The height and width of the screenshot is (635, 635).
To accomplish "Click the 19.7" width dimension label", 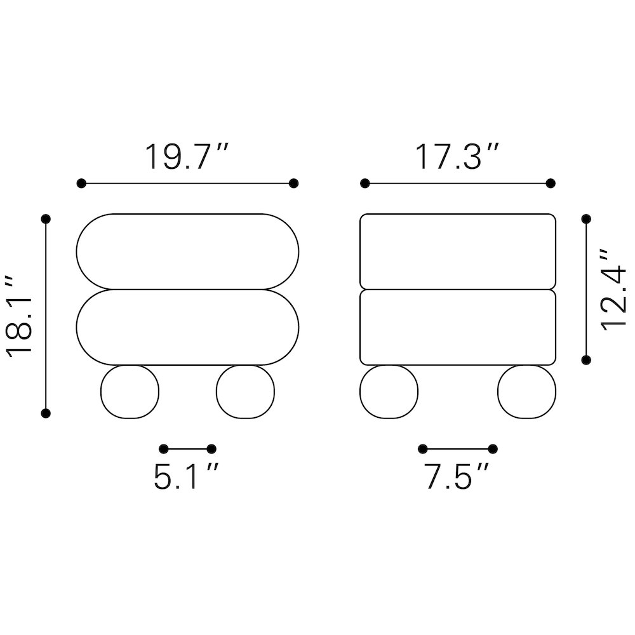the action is pos(187,157).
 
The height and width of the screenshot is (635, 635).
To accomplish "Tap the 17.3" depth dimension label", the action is pos(457,157).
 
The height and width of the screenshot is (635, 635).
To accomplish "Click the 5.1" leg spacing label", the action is pos(186,477).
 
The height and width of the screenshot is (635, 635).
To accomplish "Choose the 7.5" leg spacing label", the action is pos(457,477).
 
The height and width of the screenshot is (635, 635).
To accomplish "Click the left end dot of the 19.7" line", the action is pos(81,184).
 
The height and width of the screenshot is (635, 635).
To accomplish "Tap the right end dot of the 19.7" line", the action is pos(293,184).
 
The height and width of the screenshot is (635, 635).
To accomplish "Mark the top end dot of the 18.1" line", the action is pos(46,219).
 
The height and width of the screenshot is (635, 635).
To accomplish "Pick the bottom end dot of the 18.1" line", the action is pos(46,413).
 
